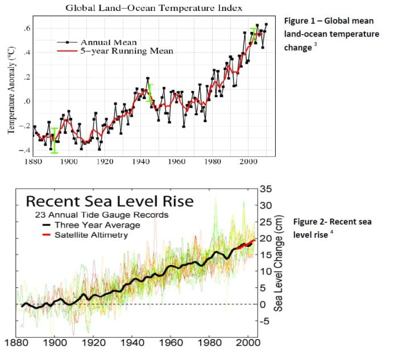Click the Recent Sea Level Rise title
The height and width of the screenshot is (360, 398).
pyautogui.click(x=110, y=201)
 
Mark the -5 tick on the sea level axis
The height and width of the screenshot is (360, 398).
pyautogui.click(x=265, y=320)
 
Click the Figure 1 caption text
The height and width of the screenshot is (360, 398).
pyautogui.click(x=331, y=34)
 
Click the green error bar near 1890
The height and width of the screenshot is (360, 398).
pyautogui.click(x=54, y=140)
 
